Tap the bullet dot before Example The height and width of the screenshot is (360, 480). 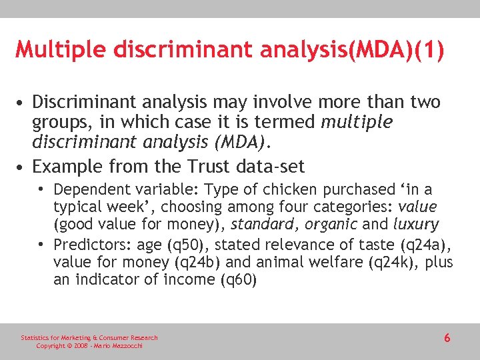point(23,165)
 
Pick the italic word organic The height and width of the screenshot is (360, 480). point(335,225)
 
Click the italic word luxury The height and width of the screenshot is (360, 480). point(416,225)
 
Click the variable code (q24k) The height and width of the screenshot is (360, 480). point(391,262)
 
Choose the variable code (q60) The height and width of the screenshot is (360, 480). point(238,279)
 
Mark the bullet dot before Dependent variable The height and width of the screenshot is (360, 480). point(45,190)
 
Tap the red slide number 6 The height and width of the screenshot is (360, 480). point(447,339)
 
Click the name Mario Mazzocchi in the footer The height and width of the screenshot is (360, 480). point(117,346)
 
